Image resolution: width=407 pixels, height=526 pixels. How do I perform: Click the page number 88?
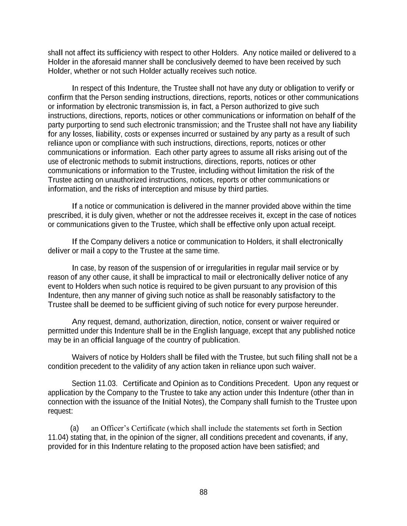coord(203,492)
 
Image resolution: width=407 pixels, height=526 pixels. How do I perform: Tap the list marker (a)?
coord(75,428)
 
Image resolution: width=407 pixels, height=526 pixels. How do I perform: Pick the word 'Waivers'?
coord(84,357)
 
